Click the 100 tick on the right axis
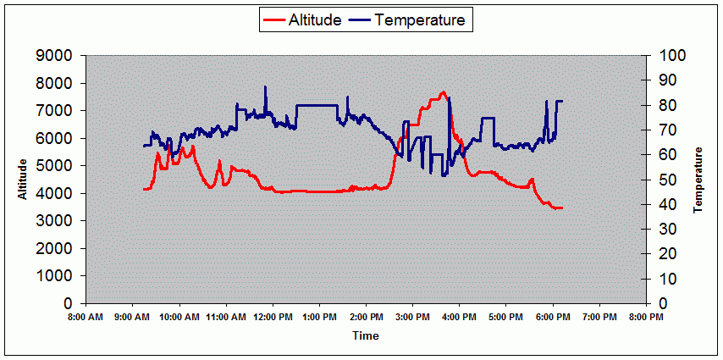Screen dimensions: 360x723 662,56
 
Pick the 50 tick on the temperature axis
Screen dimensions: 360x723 659,180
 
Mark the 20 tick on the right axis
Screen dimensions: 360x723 659,254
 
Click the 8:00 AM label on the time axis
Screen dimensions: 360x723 86,318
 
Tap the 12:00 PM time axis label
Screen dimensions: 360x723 273,318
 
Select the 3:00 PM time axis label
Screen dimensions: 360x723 412,318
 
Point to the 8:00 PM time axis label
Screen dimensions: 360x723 646,318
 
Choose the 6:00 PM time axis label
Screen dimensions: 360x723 553,318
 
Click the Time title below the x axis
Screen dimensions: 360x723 365,335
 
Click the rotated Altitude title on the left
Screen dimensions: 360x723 24,180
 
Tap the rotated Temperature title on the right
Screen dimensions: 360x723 698,180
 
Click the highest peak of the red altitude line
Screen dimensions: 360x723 443,92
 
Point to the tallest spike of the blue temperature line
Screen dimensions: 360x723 265,86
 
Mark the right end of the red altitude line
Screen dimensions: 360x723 561,208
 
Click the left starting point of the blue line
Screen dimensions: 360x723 144,146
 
